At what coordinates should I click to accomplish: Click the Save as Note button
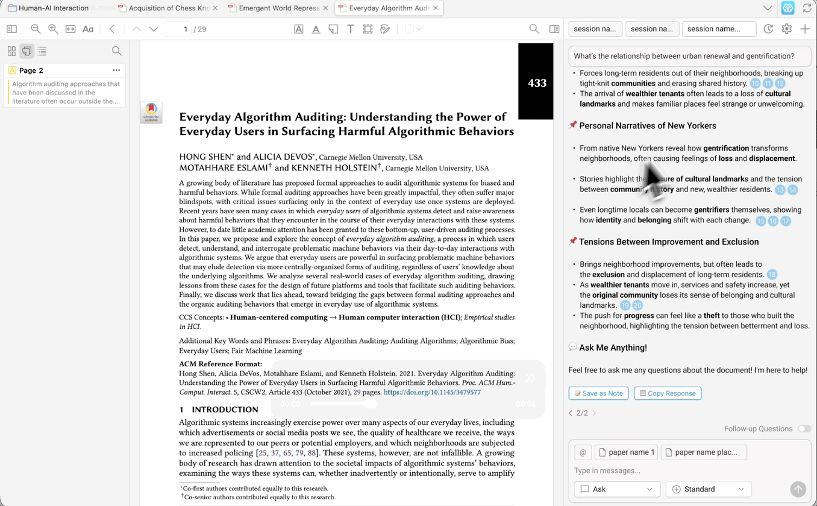click(598, 393)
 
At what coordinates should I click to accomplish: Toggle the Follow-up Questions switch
click(804, 429)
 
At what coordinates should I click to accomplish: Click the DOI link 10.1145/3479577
click(432, 392)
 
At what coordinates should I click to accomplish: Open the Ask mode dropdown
click(616, 489)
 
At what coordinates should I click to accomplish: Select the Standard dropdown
click(708, 489)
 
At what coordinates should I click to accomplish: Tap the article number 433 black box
click(536, 83)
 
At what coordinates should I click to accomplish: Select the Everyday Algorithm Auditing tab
click(389, 8)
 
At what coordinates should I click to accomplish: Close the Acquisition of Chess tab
click(216, 8)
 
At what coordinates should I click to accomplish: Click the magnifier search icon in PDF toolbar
click(534, 29)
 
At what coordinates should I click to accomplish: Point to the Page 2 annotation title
click(31, 70)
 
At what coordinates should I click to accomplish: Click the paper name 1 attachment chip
click(626, 452)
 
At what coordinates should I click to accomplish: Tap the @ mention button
click(583, 452)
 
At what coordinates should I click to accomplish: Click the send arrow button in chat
click(798, 489)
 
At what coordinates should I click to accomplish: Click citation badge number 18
click(772, 275)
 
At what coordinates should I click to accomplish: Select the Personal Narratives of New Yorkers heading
click(647, 126)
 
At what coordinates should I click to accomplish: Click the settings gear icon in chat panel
click(786, 29)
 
